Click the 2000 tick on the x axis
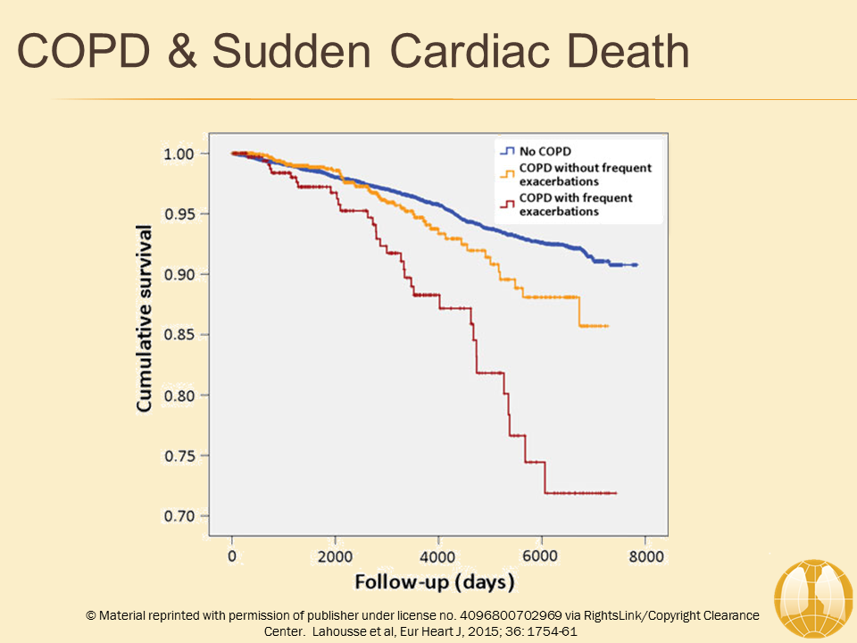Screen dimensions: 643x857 [335, 556]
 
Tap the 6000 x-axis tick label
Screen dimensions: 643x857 [541, 556]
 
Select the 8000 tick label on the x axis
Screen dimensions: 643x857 [645, 556]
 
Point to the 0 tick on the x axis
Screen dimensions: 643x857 [232, 556]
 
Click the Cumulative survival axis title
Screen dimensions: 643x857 [145, 318]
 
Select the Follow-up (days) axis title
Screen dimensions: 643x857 [435, 583]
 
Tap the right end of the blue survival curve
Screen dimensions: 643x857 [636, 265]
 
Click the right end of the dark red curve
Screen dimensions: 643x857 [616, 493]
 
